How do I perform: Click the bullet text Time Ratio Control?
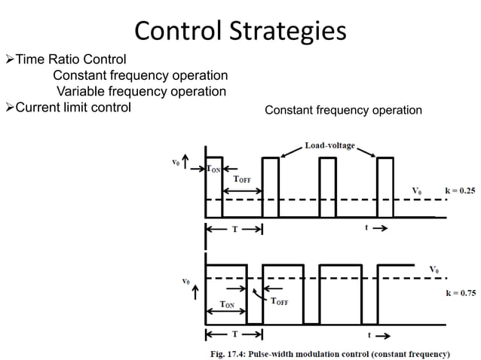(71, 59)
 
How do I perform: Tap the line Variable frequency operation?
(142, 91)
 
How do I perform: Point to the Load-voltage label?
(329, 144)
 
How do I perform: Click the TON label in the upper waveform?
(214, 170)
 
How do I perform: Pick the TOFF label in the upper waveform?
(243, 179)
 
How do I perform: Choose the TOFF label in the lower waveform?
(280, 301)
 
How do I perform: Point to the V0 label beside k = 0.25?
(417, 190)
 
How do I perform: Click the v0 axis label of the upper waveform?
(176, 160)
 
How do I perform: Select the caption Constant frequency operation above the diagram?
(343, 111)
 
